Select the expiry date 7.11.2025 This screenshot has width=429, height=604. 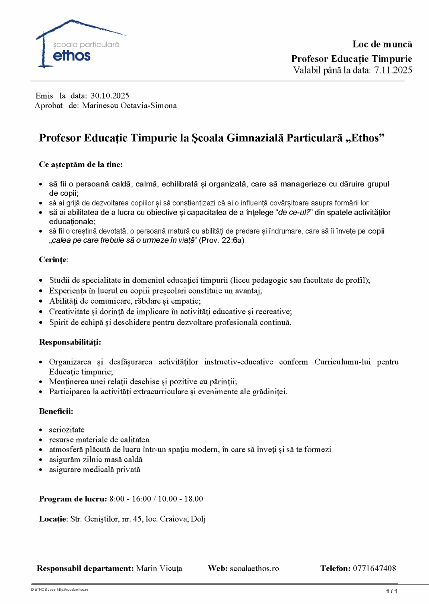point(393,71)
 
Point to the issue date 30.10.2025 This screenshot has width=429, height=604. point(110,96)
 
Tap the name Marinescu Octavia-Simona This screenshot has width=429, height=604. point(129,106)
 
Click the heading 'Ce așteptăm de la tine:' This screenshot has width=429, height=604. point(81,164)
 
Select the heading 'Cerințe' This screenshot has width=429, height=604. point(53,260)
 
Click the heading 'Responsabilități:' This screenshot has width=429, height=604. point(70,342)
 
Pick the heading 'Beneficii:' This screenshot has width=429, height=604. point(56,411)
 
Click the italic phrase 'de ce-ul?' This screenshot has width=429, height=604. point(294,213)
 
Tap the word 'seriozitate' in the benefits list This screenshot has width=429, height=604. point(67,430)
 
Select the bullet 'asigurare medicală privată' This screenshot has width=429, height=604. point(95,470)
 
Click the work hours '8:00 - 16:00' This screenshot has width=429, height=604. point(130,499)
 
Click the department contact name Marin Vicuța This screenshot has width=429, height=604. point(159,568)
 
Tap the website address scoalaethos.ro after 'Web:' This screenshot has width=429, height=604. point(254,568)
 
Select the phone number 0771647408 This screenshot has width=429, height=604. point(374,568)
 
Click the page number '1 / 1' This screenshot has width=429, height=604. point(391,591)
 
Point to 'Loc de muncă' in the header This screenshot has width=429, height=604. point(382,45)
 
